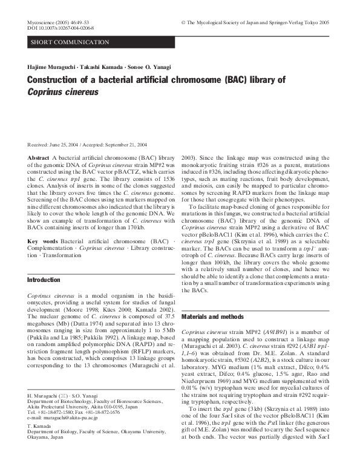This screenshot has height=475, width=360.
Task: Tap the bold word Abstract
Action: click(x=39, y=157)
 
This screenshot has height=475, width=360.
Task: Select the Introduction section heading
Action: click(x=44, y=281)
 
